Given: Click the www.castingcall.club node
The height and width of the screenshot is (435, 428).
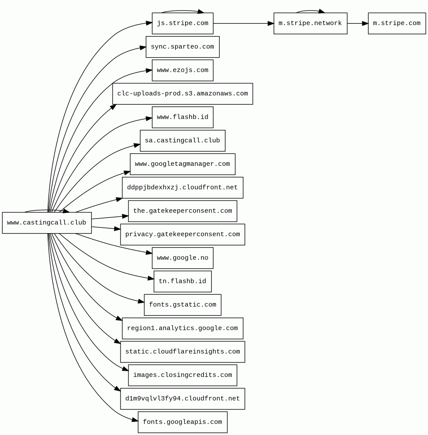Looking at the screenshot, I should [x=47, y=223].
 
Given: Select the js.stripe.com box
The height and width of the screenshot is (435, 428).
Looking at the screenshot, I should [x=183, y=23].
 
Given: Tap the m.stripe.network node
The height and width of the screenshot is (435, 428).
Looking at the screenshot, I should [x=310, y=23].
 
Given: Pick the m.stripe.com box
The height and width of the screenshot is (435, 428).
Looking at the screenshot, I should [x=396, y=23].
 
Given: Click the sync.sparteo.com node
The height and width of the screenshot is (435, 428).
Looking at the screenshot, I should [x=183, y=47].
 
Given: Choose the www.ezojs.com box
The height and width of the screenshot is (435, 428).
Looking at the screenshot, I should [x=183, y=70].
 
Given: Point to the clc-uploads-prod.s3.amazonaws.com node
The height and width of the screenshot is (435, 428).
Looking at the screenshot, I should [x=183, y=94].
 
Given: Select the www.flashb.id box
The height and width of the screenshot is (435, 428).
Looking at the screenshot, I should [x=183, y=117].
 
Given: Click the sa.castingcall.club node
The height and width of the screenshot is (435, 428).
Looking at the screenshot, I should [x=183, y=141].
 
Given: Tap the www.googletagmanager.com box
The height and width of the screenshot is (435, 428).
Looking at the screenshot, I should [x=183, y=164].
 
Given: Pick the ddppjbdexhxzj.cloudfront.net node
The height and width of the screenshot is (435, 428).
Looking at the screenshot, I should [x=183, y=188].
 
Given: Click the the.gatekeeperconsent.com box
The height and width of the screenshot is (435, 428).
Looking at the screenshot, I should [x=183, y=211].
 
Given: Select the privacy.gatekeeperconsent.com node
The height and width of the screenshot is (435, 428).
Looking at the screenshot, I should [x=183, y=234].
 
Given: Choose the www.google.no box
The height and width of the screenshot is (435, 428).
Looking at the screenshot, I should [x=183, y=258].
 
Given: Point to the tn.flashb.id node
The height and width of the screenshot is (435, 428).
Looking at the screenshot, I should [x=183, y=281].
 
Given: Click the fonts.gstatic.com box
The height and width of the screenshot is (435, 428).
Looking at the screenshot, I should [x=183, y=305].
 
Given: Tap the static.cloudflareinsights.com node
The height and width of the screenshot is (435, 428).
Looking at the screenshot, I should [x=183, y=352].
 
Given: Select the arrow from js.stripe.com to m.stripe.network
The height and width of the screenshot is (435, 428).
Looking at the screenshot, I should [x=243, y=23].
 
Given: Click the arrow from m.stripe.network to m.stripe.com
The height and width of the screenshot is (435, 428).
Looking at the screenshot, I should [x=357, y=23].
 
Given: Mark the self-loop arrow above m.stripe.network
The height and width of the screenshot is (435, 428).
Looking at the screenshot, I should [x=310, y=11].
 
